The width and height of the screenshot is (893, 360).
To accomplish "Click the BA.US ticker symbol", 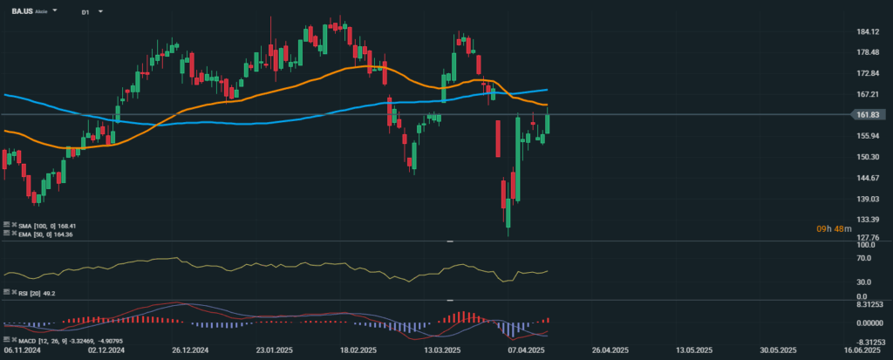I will tap(22, 12).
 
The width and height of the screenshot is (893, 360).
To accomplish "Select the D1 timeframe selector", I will tap(85, 12).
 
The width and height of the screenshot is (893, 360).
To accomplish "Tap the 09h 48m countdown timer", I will tap(829, 228).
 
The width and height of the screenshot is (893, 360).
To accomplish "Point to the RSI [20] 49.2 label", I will tap(36, 294).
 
